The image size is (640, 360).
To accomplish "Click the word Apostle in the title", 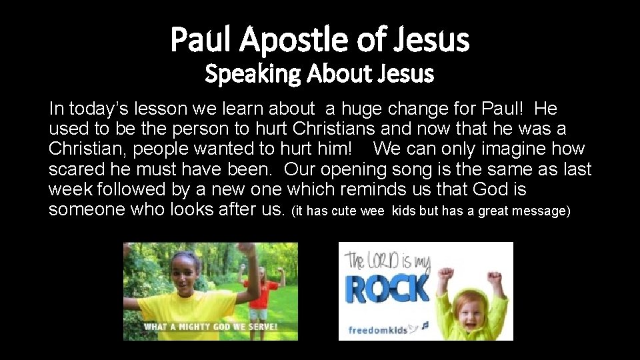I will click(293, 39).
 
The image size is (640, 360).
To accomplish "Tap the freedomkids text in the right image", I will click(377, 329).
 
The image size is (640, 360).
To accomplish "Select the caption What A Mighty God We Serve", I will click(211, 327).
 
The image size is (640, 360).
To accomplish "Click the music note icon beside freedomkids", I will click(423, 326).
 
